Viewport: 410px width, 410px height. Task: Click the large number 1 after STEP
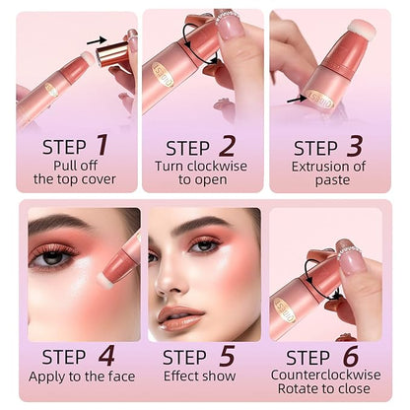point(102,145)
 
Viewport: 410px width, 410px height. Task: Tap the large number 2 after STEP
point(227,146)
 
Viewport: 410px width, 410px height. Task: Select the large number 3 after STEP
point(355,146)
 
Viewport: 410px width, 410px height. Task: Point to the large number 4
point(106,356)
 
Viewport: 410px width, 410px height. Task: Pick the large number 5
point(228,356)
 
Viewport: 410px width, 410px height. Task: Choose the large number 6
point(351,356)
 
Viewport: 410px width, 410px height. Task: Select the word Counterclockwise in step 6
point(326,375)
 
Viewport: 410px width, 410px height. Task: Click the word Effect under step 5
point(179,376)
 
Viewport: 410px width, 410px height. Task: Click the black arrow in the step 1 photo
point(97,40)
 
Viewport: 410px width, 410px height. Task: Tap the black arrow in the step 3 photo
point(297,99)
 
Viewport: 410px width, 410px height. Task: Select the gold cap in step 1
point(112,53)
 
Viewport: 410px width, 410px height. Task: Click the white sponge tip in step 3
point(361,29)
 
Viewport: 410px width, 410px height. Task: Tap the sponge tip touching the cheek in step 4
point(105,280)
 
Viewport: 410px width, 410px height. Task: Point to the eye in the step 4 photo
point(53,257)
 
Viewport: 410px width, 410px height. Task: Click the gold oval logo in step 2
point(163,75)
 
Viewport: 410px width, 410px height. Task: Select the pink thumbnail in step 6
point(353,262)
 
